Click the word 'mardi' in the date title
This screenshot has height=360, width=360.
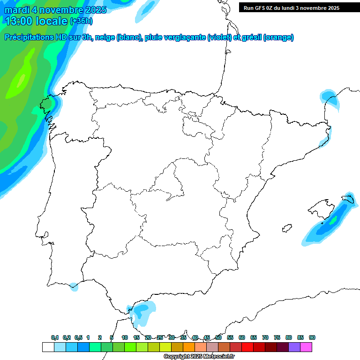[16, 10]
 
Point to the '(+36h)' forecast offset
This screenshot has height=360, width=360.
[81, 21]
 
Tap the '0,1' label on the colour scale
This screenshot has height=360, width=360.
[55, 337]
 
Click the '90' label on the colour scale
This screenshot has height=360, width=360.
[312, 337]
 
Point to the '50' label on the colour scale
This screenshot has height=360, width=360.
[218, 337]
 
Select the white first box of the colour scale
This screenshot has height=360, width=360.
[48, 347]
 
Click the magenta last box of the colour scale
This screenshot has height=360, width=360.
[306, 347]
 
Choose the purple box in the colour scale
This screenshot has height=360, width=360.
[294, 347]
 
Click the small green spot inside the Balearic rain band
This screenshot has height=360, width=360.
[334, 219]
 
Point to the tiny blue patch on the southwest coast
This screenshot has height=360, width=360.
[74, 286]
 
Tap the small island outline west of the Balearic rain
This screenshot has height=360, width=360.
[285, 229]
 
